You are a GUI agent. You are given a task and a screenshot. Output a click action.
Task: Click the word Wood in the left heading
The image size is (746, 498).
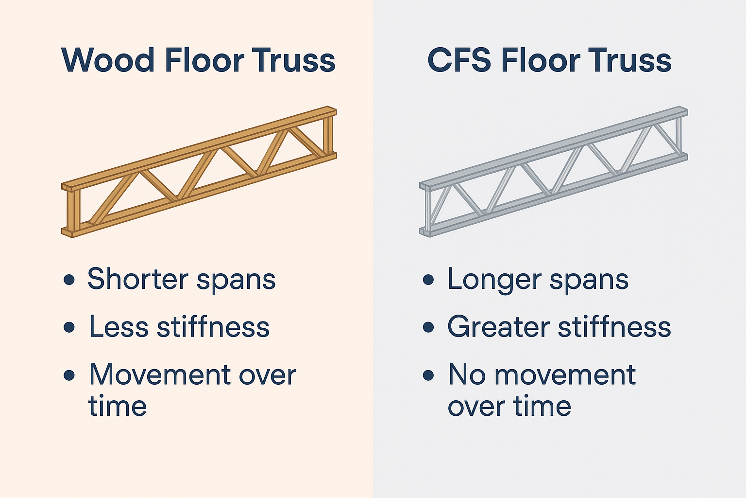coord(108,60)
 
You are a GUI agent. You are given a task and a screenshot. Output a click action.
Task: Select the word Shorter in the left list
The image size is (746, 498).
coord(138,279)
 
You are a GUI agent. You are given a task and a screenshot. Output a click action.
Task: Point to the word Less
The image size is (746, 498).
coord(119,326)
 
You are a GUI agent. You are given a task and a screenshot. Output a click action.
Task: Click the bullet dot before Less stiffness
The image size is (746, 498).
coord(69,327)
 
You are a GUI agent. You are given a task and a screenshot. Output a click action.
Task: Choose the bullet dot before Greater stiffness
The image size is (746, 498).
coord(428,327)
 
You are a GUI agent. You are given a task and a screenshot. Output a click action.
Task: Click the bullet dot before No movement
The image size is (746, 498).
coord(428,375)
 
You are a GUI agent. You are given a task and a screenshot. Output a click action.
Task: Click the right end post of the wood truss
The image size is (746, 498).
coord(329,133)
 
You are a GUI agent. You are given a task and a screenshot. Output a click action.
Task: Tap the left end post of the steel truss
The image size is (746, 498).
coord(426,210)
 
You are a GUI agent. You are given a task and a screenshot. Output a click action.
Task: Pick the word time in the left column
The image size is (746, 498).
coord(118,406)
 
